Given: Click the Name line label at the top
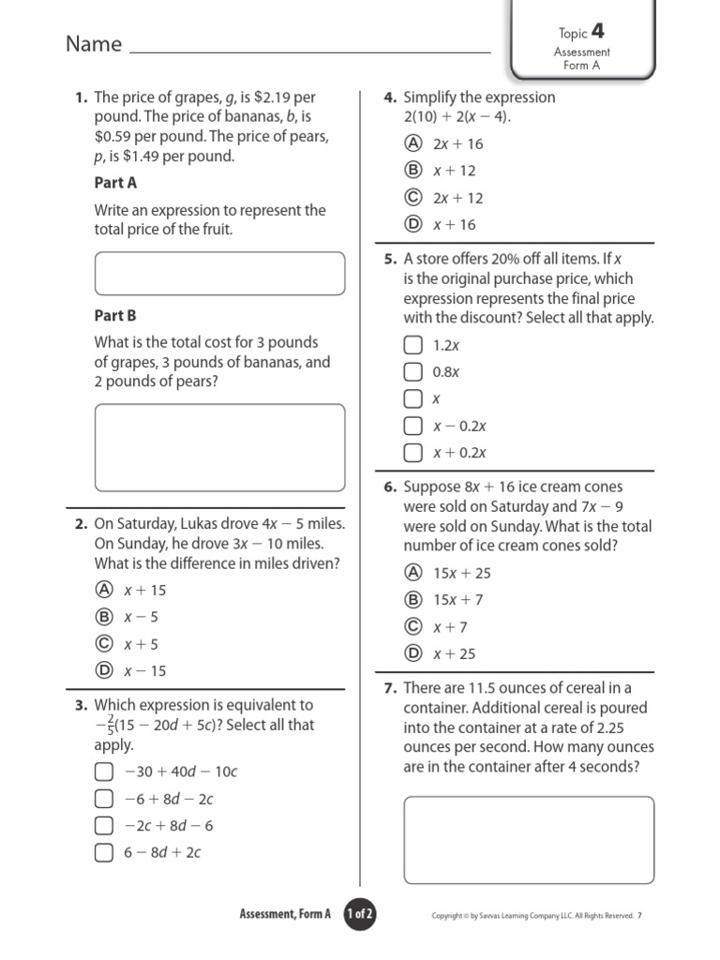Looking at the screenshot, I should pos(94,44).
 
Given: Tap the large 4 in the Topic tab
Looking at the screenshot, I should pos(597,33).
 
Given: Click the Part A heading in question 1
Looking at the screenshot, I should pos(115,183).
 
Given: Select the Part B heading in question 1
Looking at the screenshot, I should pos(115,316).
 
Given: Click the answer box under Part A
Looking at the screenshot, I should pos(219,273).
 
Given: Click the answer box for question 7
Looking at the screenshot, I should pos(529,839).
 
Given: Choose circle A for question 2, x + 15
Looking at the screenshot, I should pos(104,590).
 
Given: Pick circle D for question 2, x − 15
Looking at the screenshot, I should pos(104,670).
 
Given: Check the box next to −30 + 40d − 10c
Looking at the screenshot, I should pos(103,772).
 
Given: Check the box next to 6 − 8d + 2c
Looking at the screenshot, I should pos(103,852).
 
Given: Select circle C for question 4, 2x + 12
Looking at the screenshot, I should pos(412,198).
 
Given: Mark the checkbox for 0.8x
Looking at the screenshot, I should pos(412,371).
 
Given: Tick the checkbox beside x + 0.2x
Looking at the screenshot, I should pos(412,453).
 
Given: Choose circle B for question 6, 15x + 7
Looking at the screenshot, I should pos(412,600).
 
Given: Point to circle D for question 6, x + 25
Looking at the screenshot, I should pos(412,653).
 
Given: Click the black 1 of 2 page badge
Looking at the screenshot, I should pos(361,914).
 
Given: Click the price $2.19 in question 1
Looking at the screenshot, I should pos(273,97).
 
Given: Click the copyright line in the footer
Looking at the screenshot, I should pos(532,916).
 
